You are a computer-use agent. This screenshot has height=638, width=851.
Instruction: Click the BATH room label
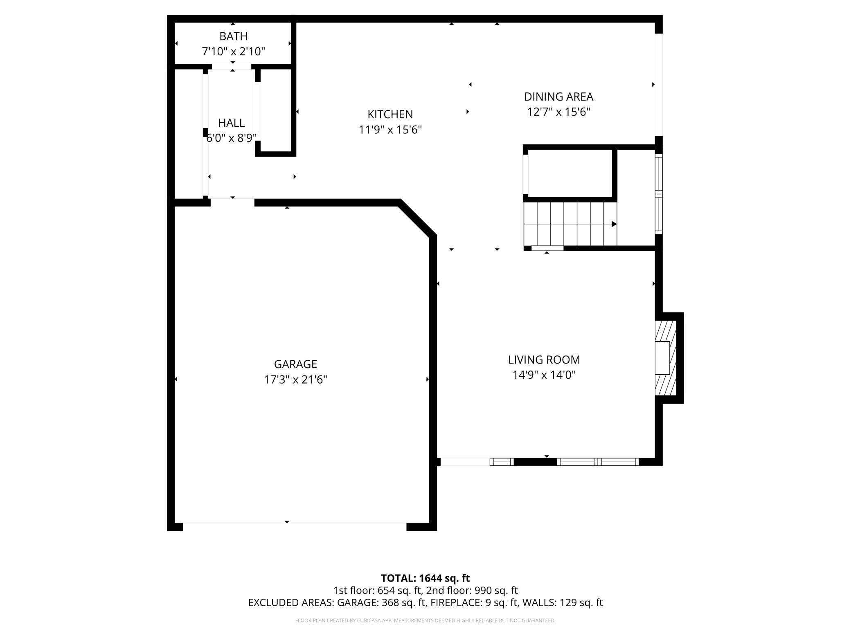point(233,36)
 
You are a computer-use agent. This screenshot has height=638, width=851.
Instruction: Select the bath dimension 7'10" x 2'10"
point(233,52)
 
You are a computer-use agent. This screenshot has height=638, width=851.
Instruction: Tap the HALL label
point(231,123)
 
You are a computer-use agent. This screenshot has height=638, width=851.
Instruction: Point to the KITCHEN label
point(390,114)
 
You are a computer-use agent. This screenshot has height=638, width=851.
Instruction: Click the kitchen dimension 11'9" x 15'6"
point(390,130)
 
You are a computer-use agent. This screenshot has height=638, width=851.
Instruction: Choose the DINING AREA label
point(558,97)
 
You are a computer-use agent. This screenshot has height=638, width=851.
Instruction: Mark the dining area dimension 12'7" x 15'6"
point(558,112)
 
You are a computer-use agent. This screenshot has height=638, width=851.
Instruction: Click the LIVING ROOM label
point(544,359)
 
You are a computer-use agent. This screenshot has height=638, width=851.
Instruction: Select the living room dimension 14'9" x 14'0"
point(544,375)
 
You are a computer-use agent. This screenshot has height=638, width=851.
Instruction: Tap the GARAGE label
point(295,364)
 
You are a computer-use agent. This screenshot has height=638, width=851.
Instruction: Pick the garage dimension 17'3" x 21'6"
point(295,380)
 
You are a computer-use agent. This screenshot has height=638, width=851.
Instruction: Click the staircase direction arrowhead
point(614,224)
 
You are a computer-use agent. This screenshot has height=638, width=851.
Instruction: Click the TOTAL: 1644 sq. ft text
point(425,578)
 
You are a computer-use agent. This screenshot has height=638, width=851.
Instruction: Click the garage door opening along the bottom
point(295,523)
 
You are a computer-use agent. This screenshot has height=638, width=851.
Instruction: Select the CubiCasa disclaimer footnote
point(425,620)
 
